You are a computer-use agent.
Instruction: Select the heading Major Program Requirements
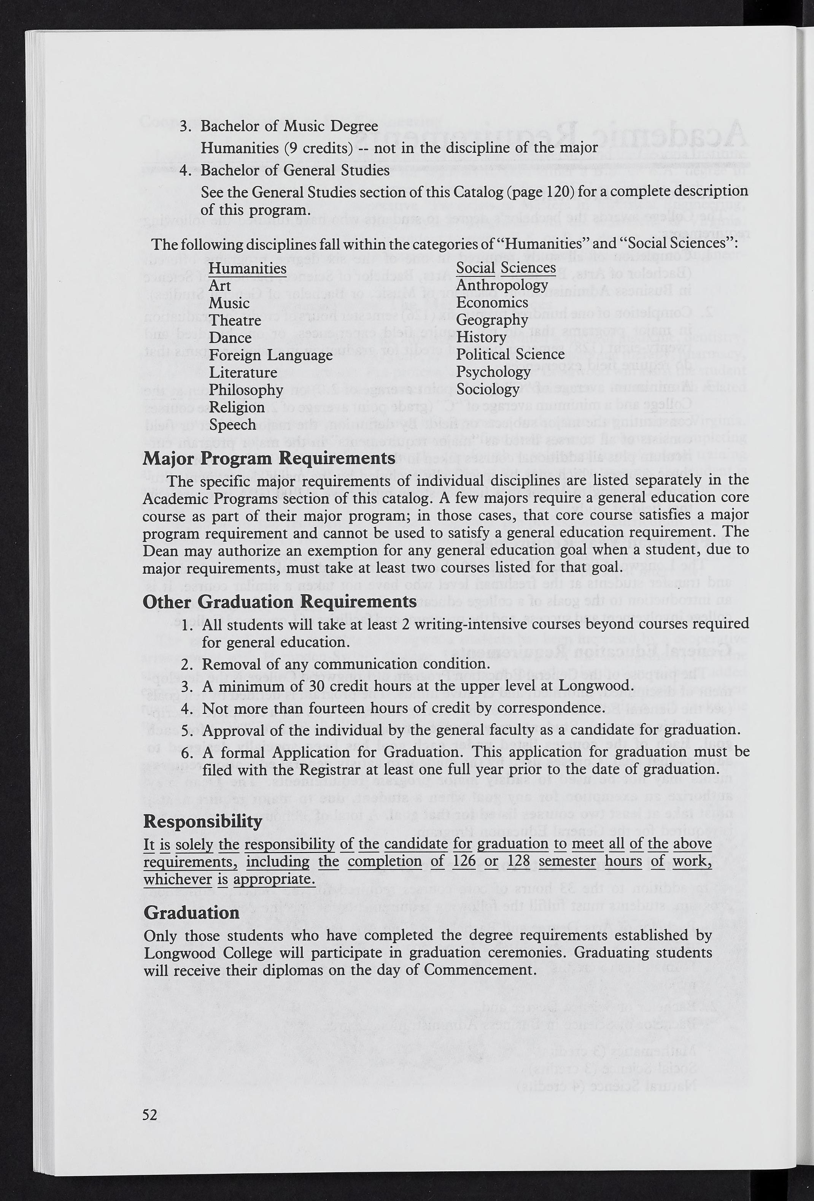(x=269, y=459)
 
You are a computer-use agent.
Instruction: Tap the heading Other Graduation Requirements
(x=279, y=602)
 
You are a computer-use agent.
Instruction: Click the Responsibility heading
(x=203, y=822)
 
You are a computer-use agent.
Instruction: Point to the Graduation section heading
(x=191, y=913)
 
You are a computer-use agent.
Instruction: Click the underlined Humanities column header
(x=247, y=268)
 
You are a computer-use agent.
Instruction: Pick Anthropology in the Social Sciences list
(x=502, y=285)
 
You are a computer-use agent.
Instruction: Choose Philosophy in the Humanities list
(x=246, y=390)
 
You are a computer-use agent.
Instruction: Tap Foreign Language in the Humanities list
(x=270, y=355)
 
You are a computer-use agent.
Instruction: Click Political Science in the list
(x=510, y=354)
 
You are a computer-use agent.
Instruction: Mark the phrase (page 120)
(x=538, y=192)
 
